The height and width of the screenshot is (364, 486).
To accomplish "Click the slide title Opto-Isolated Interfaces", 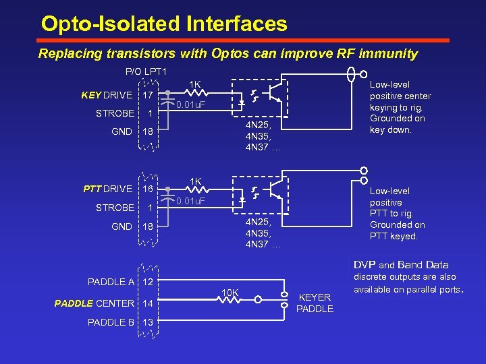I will (x=164, y=24).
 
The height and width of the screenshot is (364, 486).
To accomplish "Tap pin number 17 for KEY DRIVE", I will (x=146, y=95).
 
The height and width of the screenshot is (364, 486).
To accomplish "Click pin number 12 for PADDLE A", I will (x=147, y=282).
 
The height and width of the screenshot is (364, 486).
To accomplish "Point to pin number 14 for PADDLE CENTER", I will (x=147, y=303).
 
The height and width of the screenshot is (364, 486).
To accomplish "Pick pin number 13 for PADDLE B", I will (x=147, y=322).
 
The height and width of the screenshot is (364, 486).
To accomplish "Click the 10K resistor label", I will (x=230, y=292).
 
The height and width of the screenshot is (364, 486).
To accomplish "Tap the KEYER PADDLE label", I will (x=315, y=303).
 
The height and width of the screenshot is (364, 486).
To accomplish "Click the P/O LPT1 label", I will (x=146, y=71).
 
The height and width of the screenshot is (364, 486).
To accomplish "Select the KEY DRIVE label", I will (x=106, y=95).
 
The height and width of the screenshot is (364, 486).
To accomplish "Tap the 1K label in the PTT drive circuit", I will (x=195, y=181).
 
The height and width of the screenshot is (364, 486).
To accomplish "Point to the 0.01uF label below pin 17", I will (x=190, y=105).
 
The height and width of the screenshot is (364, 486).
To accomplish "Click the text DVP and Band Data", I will (x=401, y=265).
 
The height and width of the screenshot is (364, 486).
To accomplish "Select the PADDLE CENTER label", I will (x=94, y=303).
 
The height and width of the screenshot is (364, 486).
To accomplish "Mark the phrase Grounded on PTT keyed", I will (x=397, y=231).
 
